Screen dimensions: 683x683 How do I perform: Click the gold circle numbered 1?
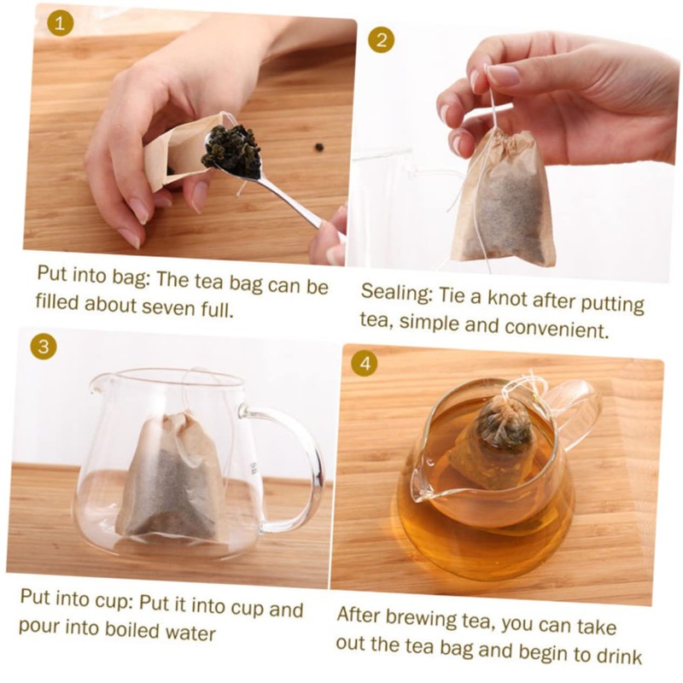(x=60, y=23)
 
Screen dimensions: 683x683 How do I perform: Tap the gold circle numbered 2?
(x=381, y=40)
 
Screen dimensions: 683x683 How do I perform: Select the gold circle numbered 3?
(x=44, y=347)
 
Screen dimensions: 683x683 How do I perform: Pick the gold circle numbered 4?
(x=365, y=364)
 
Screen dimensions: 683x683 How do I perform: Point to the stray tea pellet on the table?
(x=319, y=147)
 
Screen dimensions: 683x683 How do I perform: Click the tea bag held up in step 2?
(x=503, y=198)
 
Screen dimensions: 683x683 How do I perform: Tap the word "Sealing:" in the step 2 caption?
(x=396, y=292)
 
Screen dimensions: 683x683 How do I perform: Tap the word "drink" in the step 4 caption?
(x=619, y=655)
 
